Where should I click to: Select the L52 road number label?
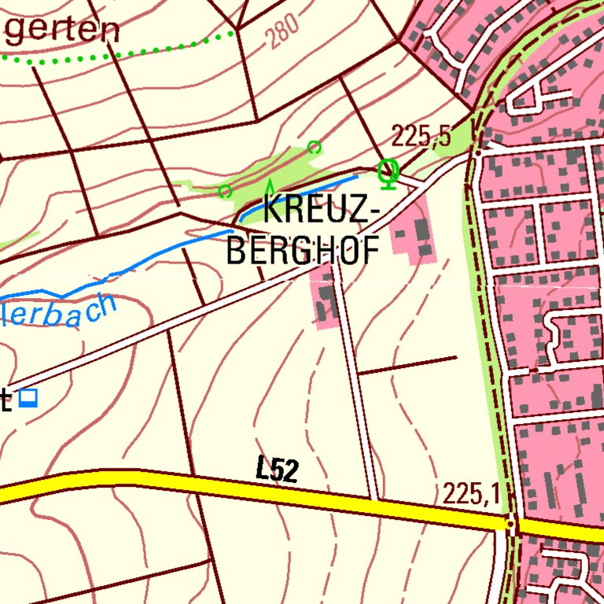click(277, 470)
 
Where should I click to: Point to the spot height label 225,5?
click(422, 137)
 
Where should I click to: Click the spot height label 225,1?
click(471, 494)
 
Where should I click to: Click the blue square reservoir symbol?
click(29, 399)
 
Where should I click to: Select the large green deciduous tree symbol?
click(387, 172)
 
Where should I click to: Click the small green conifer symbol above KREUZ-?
click(270, 187)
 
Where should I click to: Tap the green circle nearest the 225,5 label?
click(314, 147)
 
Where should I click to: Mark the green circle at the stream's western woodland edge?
click(225, 191)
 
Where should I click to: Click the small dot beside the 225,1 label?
click(510, 523)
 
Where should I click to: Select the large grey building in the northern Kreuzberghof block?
click(422, 231)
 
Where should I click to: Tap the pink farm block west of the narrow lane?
click(324, 300)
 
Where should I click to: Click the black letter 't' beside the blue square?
click(6, 400)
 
